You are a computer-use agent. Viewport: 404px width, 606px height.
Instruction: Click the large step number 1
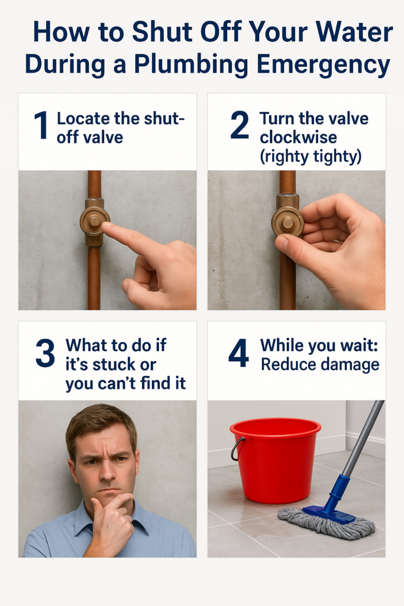click(x=40, y=125)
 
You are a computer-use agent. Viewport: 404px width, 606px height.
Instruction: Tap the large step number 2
click(x=240, y=125)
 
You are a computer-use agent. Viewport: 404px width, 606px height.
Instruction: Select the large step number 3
click(x=45, y=354)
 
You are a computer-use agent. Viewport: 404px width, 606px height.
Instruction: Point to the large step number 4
click(x=238, y=354)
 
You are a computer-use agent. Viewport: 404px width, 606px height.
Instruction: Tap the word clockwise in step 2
click(x=298, y=137)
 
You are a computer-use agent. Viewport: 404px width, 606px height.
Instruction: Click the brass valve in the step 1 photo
click(x=94, y=221)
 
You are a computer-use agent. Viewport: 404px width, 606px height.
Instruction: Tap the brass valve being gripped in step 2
click(x=287, y=222)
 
